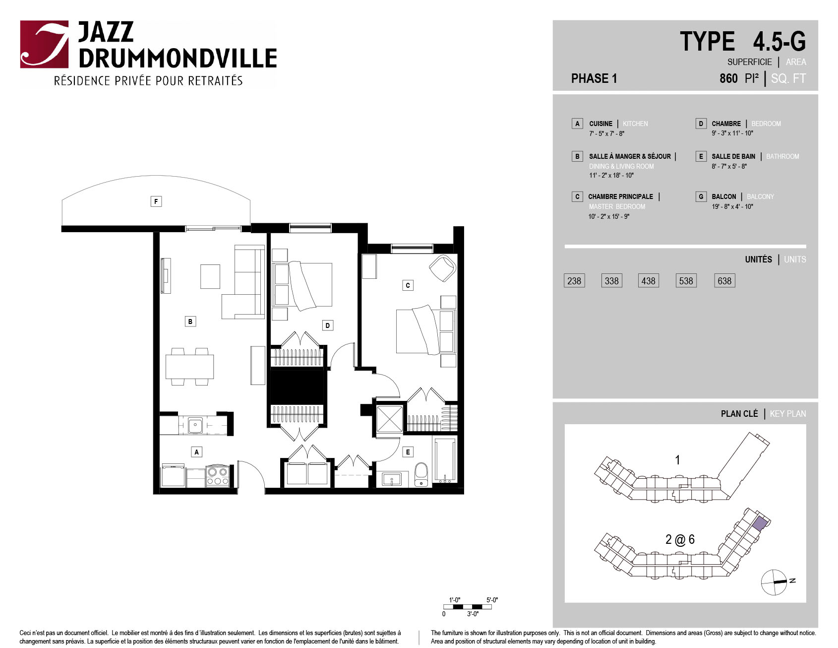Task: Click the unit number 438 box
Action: [x=648, y=281]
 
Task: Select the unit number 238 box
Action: [x=574, y=281]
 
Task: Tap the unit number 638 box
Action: [x=724, y=281]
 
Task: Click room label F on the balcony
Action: [x=156, y=201]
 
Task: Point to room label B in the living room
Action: [x=190, y=322]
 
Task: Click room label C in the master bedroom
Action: [x=408, y=285]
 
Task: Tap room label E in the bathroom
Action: [x=408, y=452]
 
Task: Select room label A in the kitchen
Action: [x=197, y=452]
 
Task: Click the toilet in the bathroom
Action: [x=421, y=475]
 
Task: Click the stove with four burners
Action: [x=217, y=475]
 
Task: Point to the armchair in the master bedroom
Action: [x=442, y=268]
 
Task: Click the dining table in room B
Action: [x=190, y=367]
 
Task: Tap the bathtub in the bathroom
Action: [x=445, y=460]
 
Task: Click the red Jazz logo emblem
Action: [x=44, y=44]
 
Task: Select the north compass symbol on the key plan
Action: [x=775, y=582]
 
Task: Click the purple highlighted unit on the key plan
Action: [x=760, y=523]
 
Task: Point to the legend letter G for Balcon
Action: [x=701, y=196]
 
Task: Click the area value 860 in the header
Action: [x=729, y=78]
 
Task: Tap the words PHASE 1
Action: [x=594, y=78]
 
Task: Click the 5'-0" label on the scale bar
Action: [x=492, y=600]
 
